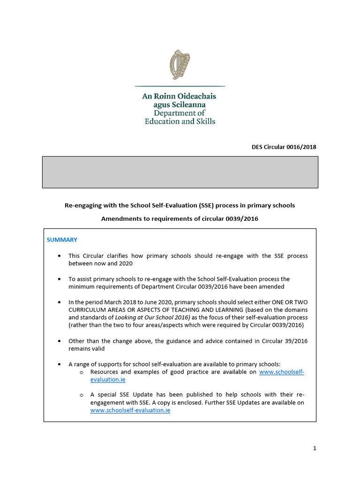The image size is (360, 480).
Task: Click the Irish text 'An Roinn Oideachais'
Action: pyautogui.click(x=179, y=96)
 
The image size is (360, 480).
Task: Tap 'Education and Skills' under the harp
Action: pyautogui.click(x=180, y=121)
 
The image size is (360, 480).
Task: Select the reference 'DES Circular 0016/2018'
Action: pyautogui.click(x=284, y=147)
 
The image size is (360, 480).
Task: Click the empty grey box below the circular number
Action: pyautogui.click(x=180, y=172)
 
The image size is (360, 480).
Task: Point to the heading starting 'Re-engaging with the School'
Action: pyautogui.click(x=180, y=206)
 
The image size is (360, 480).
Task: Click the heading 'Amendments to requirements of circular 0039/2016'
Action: pyautogui.click(x=180, y=218)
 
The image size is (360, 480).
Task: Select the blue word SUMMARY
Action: pyautogui.click(x=62, y=240)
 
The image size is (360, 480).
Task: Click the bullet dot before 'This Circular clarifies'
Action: pyautogui.click(x=59, y=256)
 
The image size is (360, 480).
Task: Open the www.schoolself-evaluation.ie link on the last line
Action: pyautogui.click(x=130, y=410)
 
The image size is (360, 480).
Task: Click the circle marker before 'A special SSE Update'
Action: pyautogui.click(x=81, y=395)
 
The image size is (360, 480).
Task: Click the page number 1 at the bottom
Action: pyautogui.click(x=315, y=448)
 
